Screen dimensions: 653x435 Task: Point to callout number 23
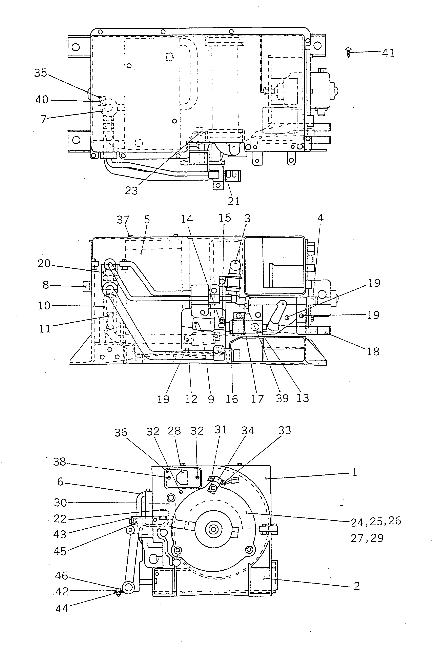[x=131, y=191]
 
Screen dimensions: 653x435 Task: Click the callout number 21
[x=234, y=201]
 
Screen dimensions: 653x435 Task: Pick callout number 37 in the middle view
[x=123, y=220]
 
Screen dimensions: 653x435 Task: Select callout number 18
[x=373, y=351]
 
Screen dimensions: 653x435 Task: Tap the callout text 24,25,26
[x=376, y=521]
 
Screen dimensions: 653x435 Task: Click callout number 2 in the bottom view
[x=357, y=586]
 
